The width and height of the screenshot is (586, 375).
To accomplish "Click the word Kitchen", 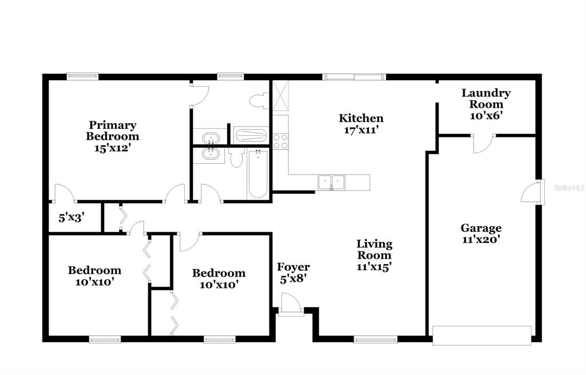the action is point(361,118).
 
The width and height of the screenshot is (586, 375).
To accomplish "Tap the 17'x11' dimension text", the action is point(361,130).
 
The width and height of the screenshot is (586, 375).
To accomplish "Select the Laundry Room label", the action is point(486,98).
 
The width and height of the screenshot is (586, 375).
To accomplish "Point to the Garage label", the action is point(481,228).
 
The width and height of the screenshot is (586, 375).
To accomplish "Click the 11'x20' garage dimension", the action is point(481,239).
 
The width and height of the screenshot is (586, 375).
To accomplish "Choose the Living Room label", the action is point(374,250).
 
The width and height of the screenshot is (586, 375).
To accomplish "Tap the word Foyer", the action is point(294,267).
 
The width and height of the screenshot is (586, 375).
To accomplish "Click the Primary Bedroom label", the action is point(112,131).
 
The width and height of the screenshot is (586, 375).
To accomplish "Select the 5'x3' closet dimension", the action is point(72,218).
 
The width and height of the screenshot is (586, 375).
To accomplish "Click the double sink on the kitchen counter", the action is point(331,182).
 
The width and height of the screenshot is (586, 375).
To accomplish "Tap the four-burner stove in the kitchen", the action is point(280,141).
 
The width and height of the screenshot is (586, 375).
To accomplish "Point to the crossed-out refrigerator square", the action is point(280,96).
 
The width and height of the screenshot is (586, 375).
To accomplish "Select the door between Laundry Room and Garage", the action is point(483,144).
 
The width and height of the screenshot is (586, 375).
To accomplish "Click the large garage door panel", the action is point(482,335).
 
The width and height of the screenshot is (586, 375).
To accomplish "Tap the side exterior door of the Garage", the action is point(533,192).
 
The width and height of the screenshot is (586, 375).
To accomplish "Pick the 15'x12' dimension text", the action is point(112,148).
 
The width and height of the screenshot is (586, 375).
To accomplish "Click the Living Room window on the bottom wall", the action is point(375,340).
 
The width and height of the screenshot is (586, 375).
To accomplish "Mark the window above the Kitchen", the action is point(354,77).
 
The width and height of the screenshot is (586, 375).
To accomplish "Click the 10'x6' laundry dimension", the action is point(486,116).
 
